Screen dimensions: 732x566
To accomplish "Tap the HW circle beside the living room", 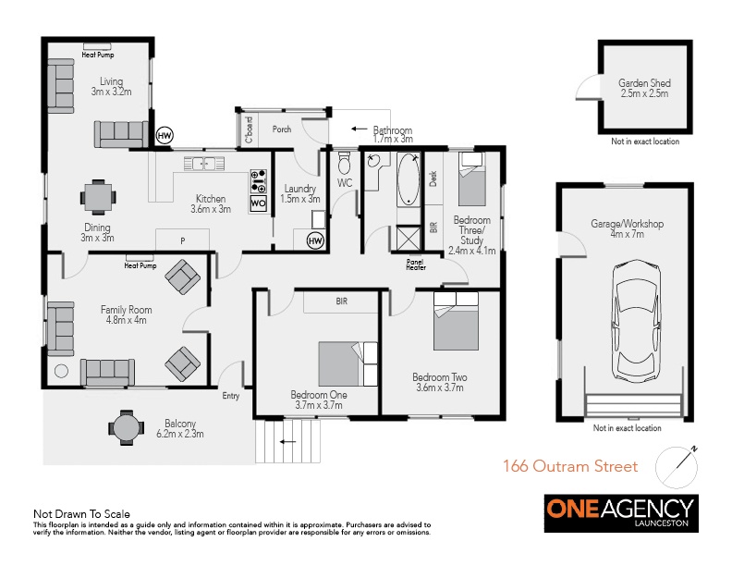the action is [x=165, y=136].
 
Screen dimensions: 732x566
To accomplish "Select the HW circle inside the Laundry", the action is [x=315, y=241].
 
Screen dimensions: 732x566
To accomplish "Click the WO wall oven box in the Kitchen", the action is [x=258, y=203].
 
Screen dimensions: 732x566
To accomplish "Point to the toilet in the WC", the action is [x=345, y=163].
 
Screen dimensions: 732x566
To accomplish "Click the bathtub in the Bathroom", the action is [x=409, y=179].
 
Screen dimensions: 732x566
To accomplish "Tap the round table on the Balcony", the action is [x=126, y=427].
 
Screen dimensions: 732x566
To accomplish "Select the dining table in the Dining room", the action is [x=98, y=197].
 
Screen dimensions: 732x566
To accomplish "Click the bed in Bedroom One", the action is [x=348, y=363].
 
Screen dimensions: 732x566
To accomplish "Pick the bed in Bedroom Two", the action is [x=456, y=321].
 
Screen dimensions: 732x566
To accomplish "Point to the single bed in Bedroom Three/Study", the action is [x=472, y=178].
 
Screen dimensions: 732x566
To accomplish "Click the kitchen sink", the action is [x=204, y=164].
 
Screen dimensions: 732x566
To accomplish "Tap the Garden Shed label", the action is [x=644, y=88].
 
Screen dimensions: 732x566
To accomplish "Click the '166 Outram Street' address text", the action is [x=570, y=466].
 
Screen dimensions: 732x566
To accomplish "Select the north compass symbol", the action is [x=677, y=467].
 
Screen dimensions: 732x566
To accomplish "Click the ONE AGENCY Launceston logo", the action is [x=621, y=513].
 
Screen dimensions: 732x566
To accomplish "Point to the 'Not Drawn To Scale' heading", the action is [x=81, y=514].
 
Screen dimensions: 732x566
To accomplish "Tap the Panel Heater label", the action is [x=416, y=265].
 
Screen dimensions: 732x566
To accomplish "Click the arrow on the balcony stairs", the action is [x=287, y=441].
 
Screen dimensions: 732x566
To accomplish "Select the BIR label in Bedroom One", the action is [x=342, y=301].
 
